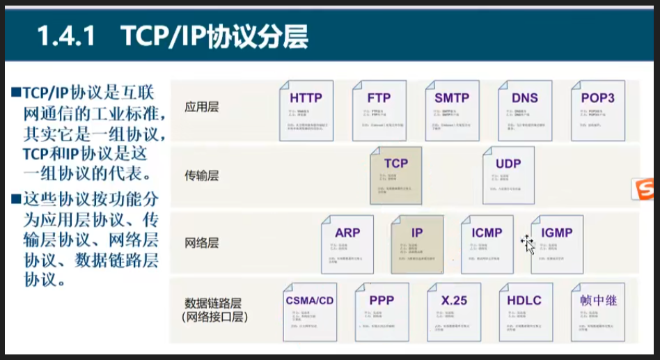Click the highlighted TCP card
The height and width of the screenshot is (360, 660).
point(396,175)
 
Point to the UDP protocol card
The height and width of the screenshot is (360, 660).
point(508,175)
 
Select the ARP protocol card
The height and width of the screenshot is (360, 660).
point(347,244)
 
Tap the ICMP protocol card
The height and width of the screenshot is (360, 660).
point(487,244)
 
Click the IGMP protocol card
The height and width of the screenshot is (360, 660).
point(556,244)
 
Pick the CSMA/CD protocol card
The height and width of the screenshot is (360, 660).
point(310,312)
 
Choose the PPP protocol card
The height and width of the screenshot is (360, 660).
point(382,312)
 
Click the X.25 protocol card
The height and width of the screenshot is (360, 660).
point(454,312)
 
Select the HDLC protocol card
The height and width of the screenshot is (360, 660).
point(526,312)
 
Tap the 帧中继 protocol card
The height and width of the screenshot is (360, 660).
point(598,312)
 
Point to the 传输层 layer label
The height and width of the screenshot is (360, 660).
point(201,175)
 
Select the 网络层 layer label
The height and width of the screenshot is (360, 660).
point(201,243)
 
